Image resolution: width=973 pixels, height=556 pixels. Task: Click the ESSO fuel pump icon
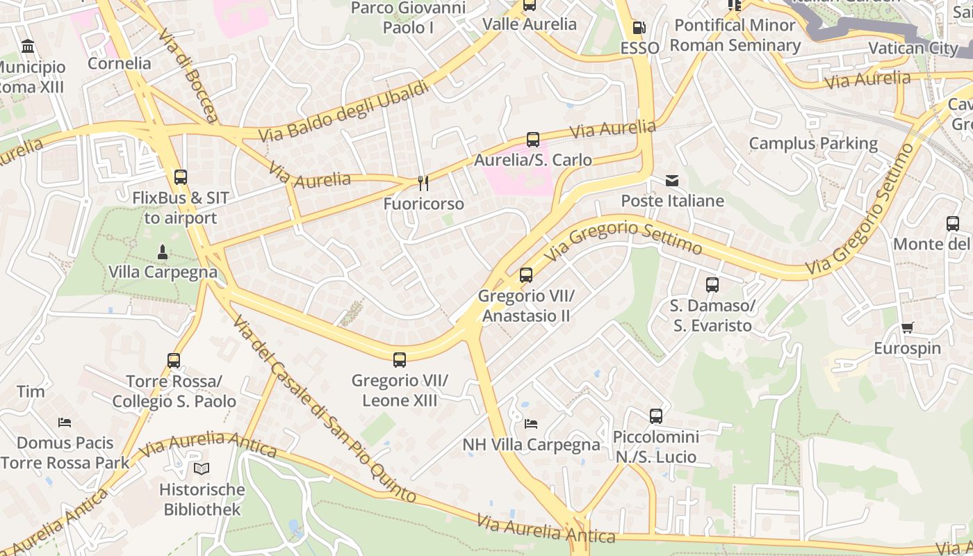[x=639, y=28]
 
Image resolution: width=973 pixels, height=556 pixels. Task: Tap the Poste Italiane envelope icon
[x=672, y=181]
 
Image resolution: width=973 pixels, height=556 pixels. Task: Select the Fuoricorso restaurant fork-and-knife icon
[x=423, y=183]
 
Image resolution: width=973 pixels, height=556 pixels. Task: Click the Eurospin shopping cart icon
[x=907, y=328]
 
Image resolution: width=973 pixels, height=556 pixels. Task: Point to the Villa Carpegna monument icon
[x=163, y=252]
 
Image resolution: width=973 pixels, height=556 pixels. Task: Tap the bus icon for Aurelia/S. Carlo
[x=532, y=140]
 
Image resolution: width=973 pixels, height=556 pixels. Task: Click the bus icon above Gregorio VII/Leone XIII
[x=400, y=360]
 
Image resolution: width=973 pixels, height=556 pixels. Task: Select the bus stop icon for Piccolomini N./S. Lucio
[x=655, y=416]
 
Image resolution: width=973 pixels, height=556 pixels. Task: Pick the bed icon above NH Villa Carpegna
[x=531, y=424]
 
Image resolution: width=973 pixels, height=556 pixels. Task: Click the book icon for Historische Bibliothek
[x=202, y=469]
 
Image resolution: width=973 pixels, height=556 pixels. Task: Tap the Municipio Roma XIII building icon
[x=28, y=47]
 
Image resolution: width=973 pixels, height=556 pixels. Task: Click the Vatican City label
[x=913, y=48]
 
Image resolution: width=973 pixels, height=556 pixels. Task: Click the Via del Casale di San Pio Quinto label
[x=324, y=409]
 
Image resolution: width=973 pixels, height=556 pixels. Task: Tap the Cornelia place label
[x=119, y=63]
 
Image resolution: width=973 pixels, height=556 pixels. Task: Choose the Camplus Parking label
[x=813, y=143]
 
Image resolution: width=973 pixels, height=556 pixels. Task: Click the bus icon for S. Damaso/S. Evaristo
[x=712, y=285]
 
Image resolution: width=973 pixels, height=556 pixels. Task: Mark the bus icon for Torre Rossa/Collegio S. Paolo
[x=174, y=361]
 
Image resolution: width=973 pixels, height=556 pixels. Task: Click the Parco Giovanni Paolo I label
[x=408, y=17]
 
